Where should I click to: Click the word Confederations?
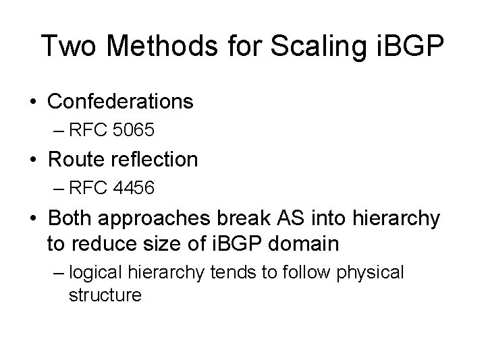[121, 102]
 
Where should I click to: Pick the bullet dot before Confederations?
[33, 102]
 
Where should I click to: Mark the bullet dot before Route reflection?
[33, 160]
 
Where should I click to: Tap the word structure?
[105, 295]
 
